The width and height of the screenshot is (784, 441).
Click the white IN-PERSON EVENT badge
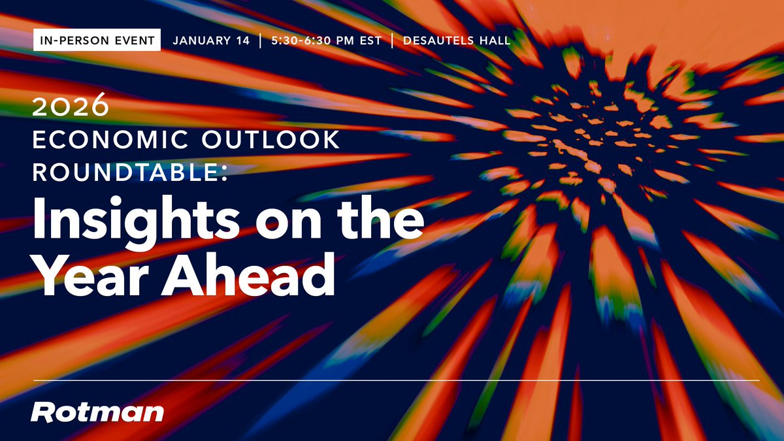coord(97,41)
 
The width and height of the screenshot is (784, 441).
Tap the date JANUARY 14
coord(211,41)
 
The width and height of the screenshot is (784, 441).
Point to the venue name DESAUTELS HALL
coord(457,41)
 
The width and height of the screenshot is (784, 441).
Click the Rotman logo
coord(97,412)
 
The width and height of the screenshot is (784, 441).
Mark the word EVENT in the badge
coord(133,41)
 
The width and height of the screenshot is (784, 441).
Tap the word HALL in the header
coord(493,41)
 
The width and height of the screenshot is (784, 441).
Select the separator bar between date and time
coord(261,41)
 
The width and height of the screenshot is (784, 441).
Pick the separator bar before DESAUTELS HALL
coord(392,41)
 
